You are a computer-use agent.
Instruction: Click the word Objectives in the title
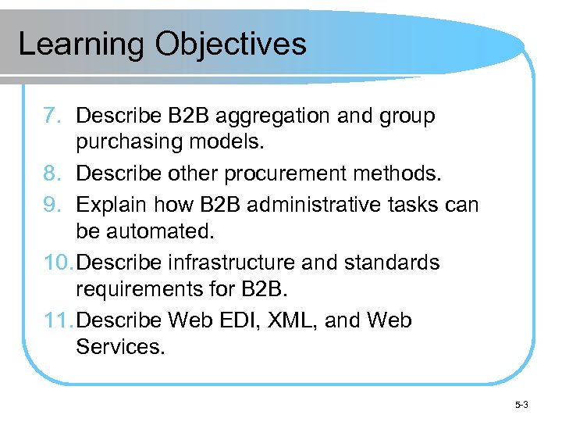pyautogui.click(x=230, y=45)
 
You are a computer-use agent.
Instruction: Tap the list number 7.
pyautogui.click(x=52, y=116)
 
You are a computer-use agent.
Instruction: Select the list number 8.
pyautogui.click(x=52, y=174)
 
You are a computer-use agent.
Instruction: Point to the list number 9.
pyautogui.click(x=52, y=204)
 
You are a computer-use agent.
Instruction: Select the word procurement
pyautogui.click(x=283, y=174)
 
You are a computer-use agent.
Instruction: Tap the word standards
pyautogui.click(x=393, y=263)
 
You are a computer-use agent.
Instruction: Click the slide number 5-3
pyautogui.click(x=521, y=405)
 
